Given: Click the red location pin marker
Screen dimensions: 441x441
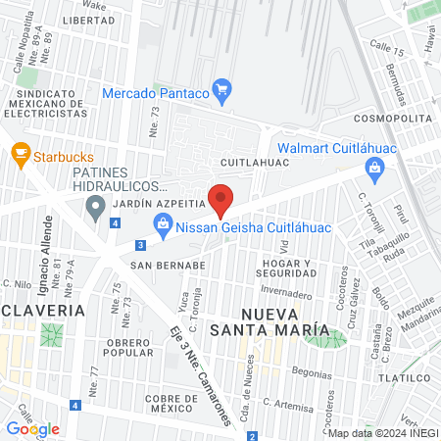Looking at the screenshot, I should click(221, 200).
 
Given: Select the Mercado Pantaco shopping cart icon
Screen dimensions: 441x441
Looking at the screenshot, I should click(222, 93).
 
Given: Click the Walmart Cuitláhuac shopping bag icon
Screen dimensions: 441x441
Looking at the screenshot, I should click(373, 170).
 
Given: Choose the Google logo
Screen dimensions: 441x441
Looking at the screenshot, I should click(32, 428).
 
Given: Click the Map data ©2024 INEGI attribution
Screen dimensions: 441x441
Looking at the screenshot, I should click(381, 433).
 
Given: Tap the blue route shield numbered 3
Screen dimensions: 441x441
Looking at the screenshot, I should click(141, 244).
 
